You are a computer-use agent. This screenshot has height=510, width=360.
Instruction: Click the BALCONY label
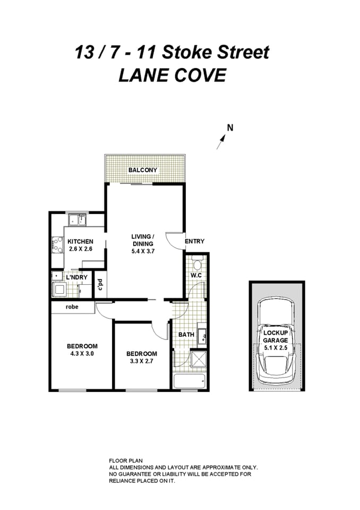143,170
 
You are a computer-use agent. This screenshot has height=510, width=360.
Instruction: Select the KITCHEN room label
80,241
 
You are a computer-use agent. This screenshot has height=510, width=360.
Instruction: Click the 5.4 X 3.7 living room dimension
143,252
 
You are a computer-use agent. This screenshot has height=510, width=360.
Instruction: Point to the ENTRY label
194,241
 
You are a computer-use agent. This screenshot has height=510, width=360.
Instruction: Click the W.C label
196,276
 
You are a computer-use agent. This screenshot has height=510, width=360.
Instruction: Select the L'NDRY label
76,277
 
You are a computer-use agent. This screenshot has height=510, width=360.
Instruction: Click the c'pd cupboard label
100,285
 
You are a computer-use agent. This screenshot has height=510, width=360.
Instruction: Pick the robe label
72,307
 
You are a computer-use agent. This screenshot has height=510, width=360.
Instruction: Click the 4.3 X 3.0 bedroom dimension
82,353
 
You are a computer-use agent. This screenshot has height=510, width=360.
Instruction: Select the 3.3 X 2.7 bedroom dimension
141,362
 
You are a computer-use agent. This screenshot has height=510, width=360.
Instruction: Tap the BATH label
186,335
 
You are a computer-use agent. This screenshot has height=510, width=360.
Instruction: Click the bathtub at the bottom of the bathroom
190,381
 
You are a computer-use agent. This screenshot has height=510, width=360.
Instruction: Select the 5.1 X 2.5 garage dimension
276,347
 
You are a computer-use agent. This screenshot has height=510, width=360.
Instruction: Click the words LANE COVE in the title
172,75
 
